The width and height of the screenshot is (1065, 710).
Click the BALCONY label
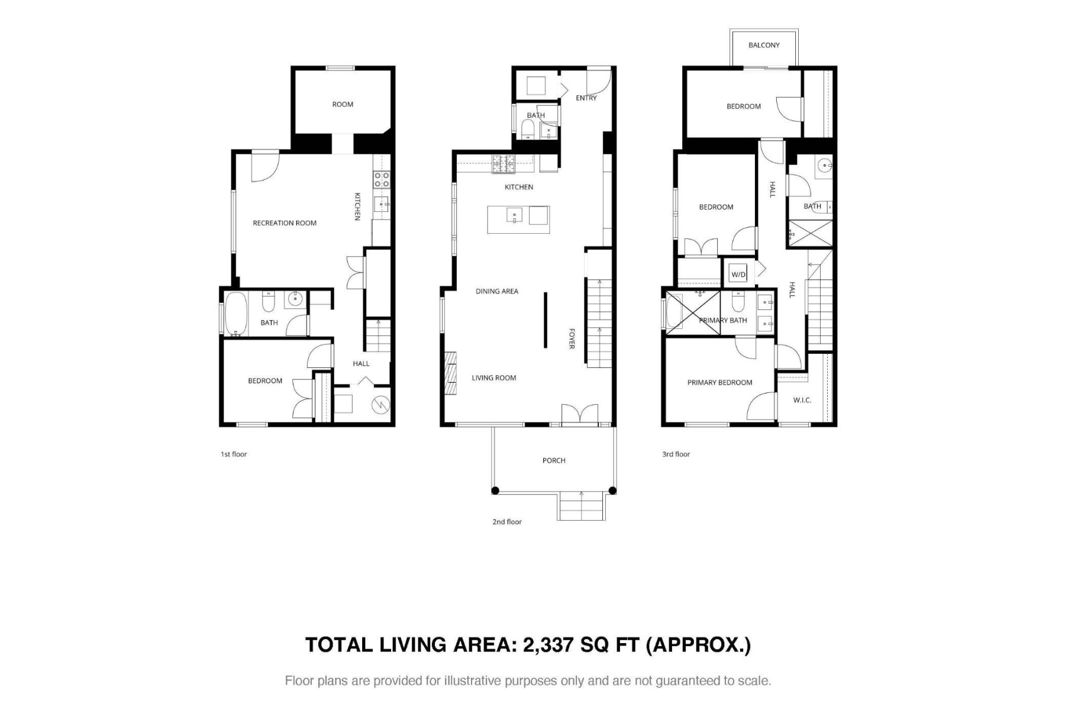[x=764, y=45]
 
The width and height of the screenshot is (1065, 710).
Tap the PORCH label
[x=554, y=460]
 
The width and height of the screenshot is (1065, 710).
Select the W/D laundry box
[x=738, y=275]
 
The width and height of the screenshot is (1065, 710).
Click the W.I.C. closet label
[x=802, y=400]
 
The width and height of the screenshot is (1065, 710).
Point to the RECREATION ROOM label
[x=285, y=223]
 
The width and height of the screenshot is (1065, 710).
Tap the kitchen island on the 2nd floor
[x=518, y=219]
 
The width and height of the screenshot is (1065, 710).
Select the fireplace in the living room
[x=451, y=373]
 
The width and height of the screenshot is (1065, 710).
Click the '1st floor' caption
[x=234, y=454]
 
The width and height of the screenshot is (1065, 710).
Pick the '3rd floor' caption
[x=676, y=454]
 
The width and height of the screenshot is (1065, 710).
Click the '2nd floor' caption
[x=507, y=522]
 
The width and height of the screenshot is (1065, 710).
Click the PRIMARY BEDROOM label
[x=719, y=383]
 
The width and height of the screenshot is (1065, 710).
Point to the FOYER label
[x=572, y=338]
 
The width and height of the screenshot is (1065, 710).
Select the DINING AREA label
[x=497, y=291]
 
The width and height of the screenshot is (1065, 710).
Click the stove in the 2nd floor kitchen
[x=504, y=164]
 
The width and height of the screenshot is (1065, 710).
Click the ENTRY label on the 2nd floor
[x=586, y=98]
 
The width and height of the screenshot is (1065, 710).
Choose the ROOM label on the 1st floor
[x=343, y=105]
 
